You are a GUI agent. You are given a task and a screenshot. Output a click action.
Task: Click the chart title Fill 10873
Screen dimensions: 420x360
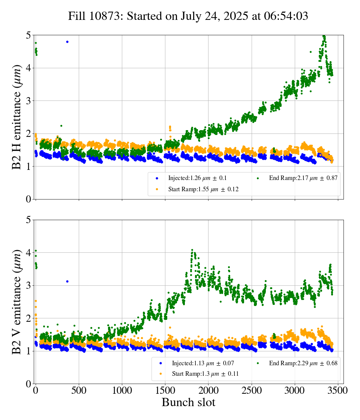pos(188,16)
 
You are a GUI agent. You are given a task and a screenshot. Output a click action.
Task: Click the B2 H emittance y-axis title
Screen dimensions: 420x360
pos(17,117)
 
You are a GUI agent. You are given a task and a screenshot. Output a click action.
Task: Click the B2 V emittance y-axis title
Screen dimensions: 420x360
pos(17,301)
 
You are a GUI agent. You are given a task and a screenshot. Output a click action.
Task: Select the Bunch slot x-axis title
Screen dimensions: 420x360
pos(188,402)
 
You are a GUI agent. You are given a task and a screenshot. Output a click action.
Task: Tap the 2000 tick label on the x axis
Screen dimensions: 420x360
pos(208,390)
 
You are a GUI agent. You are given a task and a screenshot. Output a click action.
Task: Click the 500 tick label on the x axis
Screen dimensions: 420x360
pos(79,390)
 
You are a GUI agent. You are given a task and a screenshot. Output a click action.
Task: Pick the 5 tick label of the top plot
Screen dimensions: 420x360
pos(28,36)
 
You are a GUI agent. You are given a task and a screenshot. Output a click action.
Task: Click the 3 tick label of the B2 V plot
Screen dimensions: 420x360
pos(28,286)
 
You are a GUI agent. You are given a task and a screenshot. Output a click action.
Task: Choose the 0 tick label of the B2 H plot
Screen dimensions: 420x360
pos(28,199)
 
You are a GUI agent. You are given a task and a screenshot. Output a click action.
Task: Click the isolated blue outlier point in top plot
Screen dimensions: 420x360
pos(67,42)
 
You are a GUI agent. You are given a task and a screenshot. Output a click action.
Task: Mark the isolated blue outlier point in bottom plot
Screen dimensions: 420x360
pos(67,281)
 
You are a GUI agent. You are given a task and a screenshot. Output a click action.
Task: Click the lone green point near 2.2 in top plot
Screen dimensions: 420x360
pos(61,126)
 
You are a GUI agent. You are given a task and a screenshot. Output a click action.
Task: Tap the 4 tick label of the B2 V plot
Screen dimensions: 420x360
pos(28,253)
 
